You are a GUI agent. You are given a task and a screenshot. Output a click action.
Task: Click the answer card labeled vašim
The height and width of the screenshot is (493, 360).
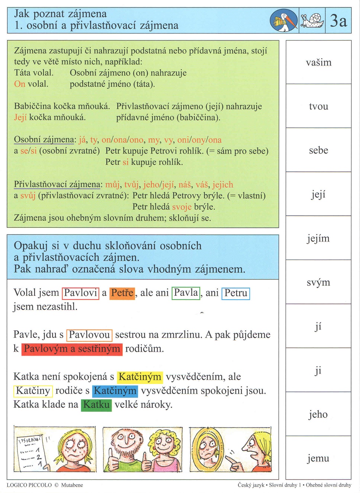(x=318, y=63)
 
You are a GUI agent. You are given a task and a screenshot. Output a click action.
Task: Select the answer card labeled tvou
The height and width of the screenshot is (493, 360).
(x=318, y=106)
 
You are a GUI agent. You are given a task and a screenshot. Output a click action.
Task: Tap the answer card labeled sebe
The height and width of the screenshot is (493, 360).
(x=318, y=150)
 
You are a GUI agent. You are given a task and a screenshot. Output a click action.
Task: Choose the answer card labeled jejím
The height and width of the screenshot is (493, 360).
(x=318, y=238)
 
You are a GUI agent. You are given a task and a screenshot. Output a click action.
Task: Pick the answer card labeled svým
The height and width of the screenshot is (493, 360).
(x=318, y=282)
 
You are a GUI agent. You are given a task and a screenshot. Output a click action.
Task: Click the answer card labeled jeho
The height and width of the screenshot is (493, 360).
(x=318, y=414)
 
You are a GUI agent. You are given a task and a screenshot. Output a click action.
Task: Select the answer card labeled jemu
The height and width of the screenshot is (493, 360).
(x=318, y=458)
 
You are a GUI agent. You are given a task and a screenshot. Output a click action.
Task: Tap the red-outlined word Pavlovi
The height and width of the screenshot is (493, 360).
(x=80, y=293)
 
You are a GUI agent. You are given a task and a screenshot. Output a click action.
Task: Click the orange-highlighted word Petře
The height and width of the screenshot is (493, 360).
(x=122, y=293)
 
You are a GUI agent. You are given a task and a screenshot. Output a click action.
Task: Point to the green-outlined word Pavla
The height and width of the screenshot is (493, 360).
(x=186, y=293)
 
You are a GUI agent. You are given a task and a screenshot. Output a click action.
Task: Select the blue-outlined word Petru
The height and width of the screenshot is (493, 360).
(x=236, y=293)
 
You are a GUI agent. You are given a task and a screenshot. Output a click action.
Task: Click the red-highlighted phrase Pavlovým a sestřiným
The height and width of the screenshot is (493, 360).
(x=72, y=349)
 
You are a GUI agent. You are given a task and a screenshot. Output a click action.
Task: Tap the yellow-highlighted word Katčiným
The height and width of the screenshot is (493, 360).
(x=140, y=377)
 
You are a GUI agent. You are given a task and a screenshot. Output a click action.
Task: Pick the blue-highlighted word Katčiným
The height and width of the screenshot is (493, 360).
(x=115, y=391)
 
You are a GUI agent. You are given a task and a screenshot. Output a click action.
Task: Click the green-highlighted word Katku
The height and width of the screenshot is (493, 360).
(x=96, y=404)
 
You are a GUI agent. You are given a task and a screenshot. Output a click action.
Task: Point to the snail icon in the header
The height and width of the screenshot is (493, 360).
(x=312, y=20)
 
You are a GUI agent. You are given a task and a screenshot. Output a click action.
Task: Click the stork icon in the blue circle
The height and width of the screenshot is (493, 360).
(x=284, y=20)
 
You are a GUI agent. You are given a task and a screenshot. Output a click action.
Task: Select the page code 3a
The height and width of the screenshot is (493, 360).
(x=338, y=20)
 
